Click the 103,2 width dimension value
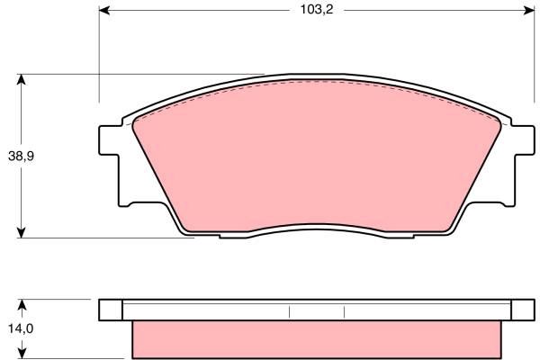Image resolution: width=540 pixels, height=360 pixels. pyautogui.click(x=317, y=10)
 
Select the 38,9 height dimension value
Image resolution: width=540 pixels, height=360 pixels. pyautogui.click(x=21, y=157)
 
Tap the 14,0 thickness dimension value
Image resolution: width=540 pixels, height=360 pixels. pyautogui.click(x=21, y=328)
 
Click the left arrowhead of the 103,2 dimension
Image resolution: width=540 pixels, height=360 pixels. pyautogui.click(x=104, y=10)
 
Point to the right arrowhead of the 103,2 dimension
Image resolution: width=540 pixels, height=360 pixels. pyautogui.click(x=529, y=10)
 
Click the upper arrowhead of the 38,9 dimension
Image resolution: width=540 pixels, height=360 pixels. pyautogui.click(x=22, y=79)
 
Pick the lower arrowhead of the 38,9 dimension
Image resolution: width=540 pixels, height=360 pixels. pyautogui.click(x=22, y=232)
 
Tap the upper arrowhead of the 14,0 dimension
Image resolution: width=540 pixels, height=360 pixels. pyautogui.click(x=22, y=304)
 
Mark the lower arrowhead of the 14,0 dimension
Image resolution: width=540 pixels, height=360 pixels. pyautogui.click(x=22, y=354)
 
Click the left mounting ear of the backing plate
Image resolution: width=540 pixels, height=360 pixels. pyautogui.click(x=110, y=140)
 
